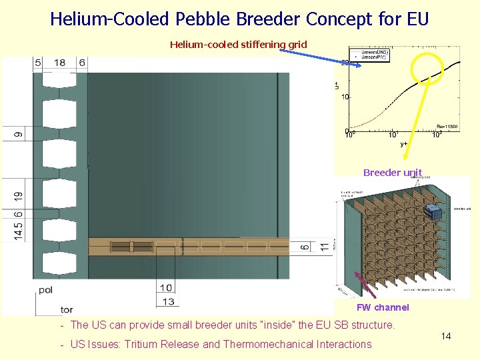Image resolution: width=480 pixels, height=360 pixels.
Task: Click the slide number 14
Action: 446,336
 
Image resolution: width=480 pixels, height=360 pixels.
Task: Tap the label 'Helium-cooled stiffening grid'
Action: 238,45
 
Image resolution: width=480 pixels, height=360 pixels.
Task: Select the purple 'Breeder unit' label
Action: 393,173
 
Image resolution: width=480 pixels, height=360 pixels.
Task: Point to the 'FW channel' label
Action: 383,307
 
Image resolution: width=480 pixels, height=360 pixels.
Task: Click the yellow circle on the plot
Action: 427,69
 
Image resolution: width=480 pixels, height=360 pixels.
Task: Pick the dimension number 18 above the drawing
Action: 60,63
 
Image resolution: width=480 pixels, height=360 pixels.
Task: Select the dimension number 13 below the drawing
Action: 167,302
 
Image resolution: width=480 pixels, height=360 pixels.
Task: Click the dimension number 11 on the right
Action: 323,246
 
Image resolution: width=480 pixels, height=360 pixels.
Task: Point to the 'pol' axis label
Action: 46,290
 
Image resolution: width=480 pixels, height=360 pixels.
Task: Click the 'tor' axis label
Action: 67,309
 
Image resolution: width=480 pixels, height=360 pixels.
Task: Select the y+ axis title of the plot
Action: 403,143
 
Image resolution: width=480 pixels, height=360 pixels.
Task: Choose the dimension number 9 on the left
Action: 19,134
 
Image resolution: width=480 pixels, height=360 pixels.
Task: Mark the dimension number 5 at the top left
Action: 38,63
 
